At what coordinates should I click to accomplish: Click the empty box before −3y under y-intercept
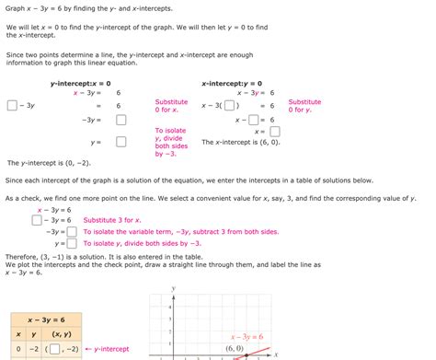click(13, 106)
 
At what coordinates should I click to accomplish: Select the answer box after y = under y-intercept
click(120, 143)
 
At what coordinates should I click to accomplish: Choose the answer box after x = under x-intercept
click(274, 132)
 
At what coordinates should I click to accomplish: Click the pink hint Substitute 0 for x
click(171, 106)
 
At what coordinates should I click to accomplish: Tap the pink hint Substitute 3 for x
click(112, 220)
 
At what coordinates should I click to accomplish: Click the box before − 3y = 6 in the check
click(36, 220)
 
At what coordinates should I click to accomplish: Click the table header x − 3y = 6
click(44, 319)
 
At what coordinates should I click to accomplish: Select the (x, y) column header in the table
click(63, 333)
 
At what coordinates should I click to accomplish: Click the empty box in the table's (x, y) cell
click(56, 349)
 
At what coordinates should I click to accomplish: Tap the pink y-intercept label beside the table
click(107, 349)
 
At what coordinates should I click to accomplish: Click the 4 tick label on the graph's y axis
click(171, 300)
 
